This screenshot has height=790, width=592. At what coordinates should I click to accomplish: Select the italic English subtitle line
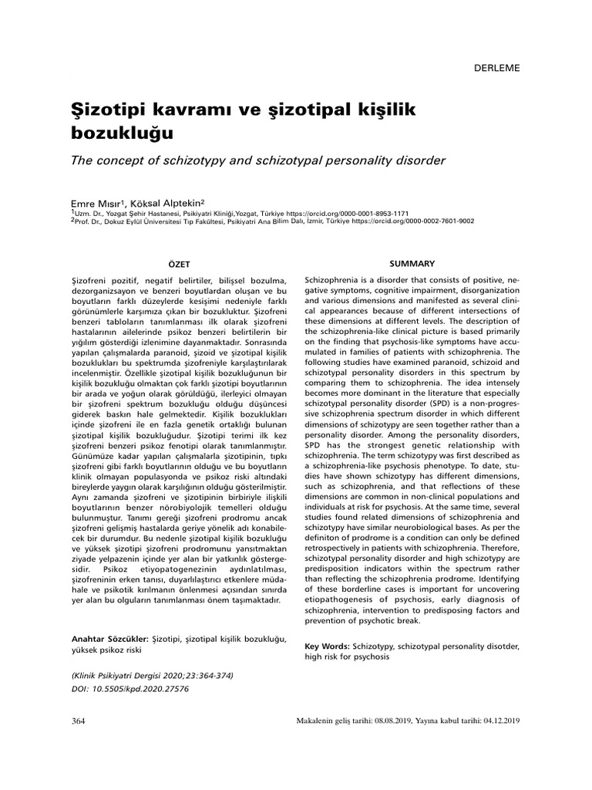click(x=258, y=160)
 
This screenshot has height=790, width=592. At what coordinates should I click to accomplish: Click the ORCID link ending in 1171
click(x=358, y=213)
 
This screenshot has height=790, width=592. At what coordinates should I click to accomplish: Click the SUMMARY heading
click(x=412, y=264)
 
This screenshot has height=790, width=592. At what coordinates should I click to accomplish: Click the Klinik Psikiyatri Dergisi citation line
click(x=151, y=674)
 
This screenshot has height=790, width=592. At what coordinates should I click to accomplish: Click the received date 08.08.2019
click(x=390, y=721)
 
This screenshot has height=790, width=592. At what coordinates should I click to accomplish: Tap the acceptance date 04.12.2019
click(x=501, y=721)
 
